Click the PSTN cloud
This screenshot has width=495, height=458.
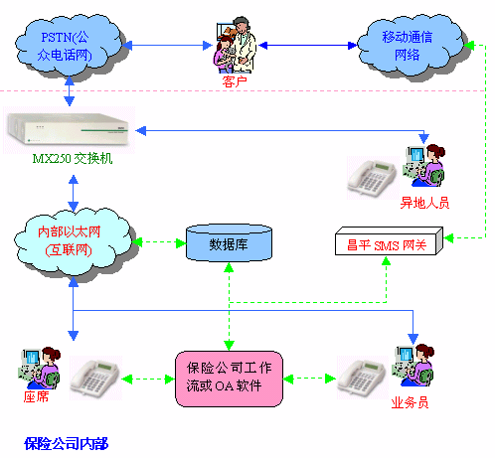point(68,46)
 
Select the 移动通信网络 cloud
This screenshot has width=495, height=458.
point(411,46)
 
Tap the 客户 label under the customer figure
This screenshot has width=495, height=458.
point(235,81)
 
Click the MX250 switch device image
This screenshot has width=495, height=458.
point(69,129)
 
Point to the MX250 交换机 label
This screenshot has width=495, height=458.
point(73,159)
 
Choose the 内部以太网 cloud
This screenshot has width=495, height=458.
point(73,241)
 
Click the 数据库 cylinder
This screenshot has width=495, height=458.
point(229,243)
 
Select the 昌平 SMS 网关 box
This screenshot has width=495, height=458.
point(389,241)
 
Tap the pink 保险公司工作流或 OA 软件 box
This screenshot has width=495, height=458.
point(229,379)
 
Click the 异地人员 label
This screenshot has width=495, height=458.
point(424,203)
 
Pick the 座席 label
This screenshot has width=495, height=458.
point(36,396)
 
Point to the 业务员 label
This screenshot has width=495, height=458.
point(410,402)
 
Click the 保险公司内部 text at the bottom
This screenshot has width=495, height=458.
point(67,443)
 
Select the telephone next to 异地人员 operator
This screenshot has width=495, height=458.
point(373,178)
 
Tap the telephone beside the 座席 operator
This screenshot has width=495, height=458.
point(96,378)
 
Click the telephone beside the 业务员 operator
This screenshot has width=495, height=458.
point(363,378)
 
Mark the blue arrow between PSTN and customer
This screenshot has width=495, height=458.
point(167,46)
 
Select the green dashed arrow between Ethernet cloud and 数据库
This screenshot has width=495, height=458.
point(159,243)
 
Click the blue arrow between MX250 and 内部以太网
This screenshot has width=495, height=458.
point(74,193)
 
